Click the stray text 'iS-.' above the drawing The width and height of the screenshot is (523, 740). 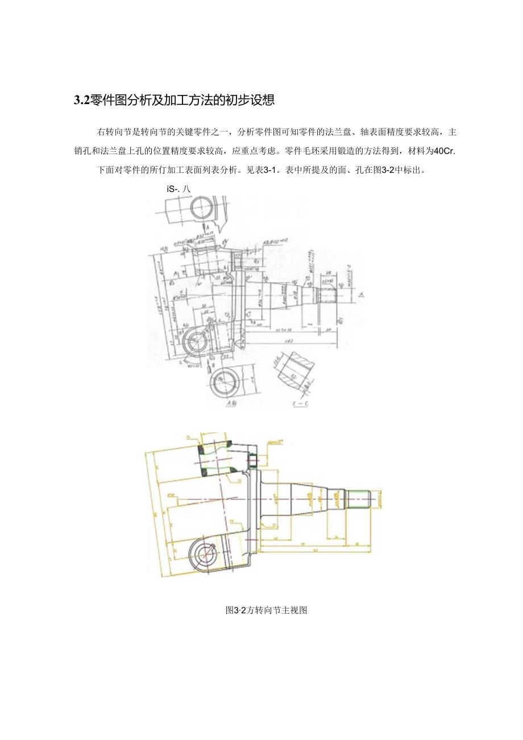[174, 190]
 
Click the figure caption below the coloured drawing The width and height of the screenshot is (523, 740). [266, 610]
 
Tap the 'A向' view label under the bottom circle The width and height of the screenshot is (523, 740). [231, 403]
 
